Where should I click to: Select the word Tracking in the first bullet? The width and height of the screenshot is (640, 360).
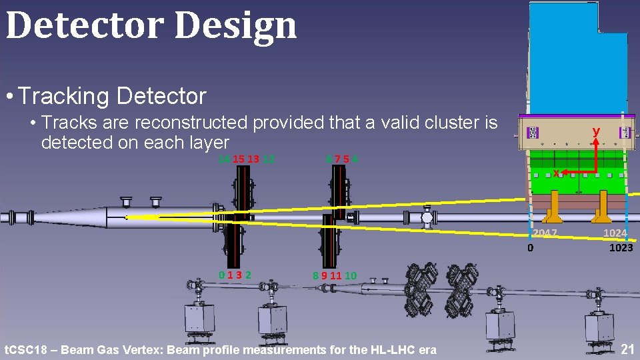point(64,97)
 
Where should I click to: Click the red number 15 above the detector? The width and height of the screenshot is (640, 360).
point(238,159)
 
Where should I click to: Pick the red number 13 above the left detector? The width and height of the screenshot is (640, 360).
point(253,159)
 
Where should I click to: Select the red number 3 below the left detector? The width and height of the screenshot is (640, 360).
point(239,275)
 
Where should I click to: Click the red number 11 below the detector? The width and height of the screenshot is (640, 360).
point(335,275)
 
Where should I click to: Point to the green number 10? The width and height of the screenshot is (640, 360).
point(351,275)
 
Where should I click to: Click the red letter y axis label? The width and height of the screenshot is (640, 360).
point(596,132)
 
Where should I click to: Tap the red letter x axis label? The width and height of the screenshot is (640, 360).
point(556,173)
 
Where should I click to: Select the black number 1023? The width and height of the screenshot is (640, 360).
point(621,247)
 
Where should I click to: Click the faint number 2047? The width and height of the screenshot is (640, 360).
point(545,233)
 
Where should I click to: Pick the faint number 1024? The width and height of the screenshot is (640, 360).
point(615,233)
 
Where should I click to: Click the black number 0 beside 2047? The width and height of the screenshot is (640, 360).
point(530,248)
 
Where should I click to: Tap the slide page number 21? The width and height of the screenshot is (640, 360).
point(627,349)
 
